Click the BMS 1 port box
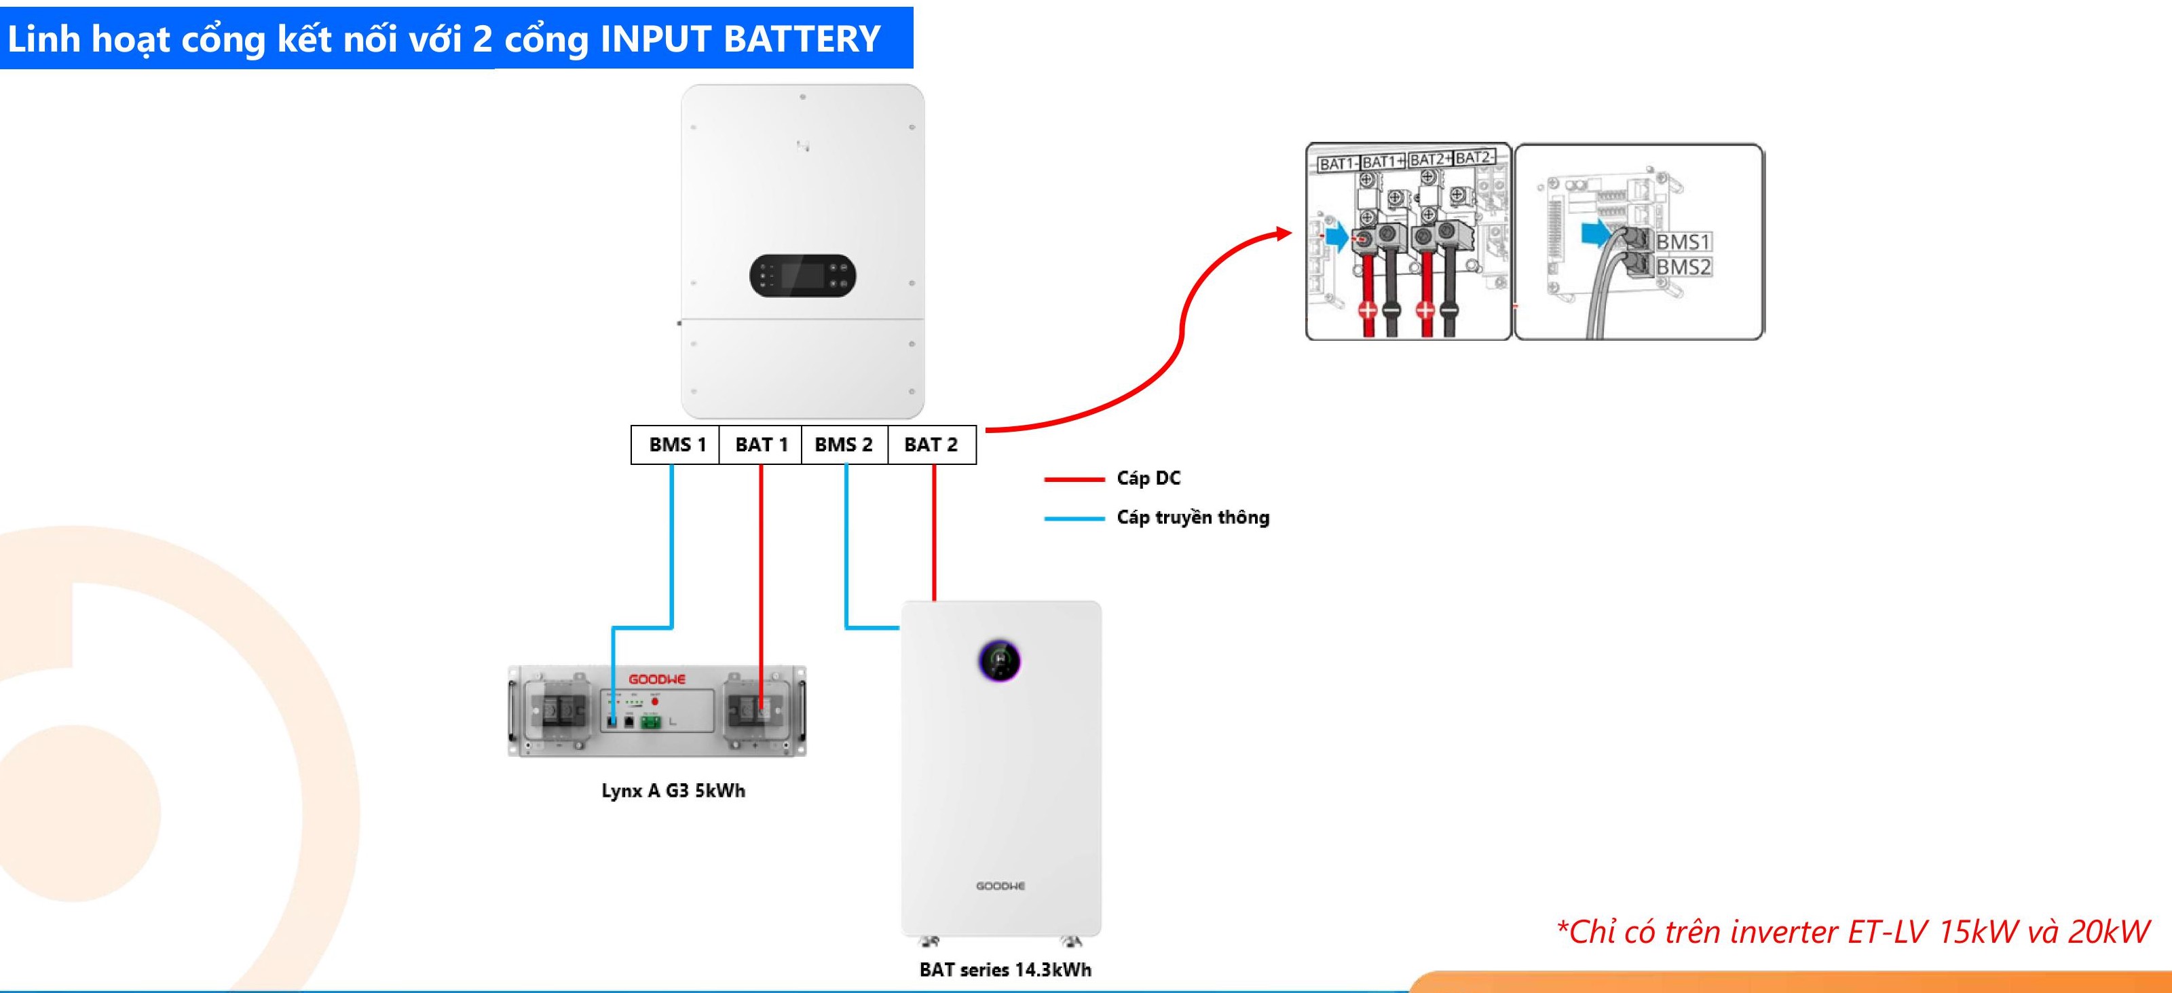(x=675, y=444)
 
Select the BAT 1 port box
(x=760, y=444)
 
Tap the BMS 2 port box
(x=844, y=444)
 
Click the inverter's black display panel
(x=803, y=275)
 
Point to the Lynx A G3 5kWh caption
(x=673, y=791)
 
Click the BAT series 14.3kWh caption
(x=1005, y=969)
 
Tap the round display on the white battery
(x=1000, y=660)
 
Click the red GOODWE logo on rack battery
(x=657, y=679)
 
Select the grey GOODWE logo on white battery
(x=1000, y=886)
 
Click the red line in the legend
(x=1073, y=479)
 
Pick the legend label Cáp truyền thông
(x=1193, y=518)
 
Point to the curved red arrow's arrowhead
(x=1284, y=233)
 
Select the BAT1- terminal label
(x=1337, y=164)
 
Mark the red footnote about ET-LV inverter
(x=1852, y=931)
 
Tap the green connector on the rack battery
(x=650, y=722)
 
